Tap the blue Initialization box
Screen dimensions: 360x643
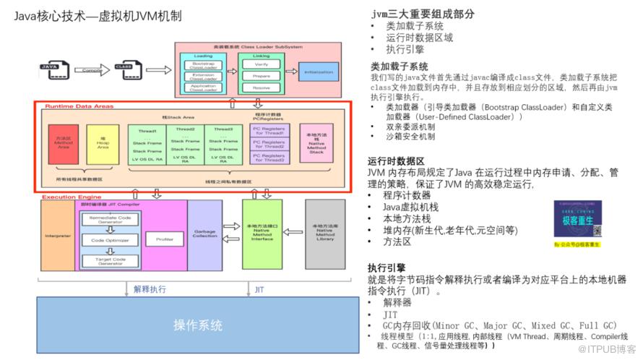tap(319, 73)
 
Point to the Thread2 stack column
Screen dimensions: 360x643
tap(185, 144)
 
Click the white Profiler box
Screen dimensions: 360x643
tap(165, 238)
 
